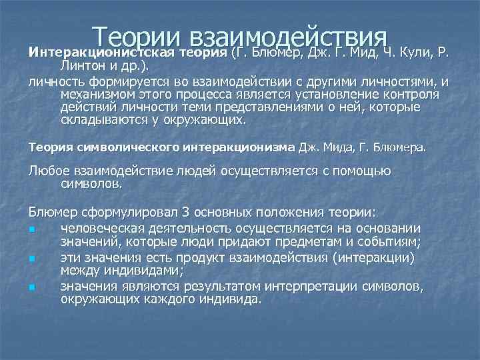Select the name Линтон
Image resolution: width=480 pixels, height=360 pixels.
(82, 65)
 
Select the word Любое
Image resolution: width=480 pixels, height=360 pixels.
(47, 171)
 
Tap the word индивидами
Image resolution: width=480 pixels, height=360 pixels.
(139, 271)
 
